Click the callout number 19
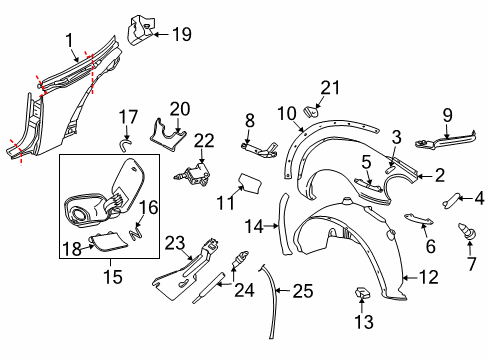pos(182,34)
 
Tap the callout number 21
pos(330,87)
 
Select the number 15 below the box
pos(113,277)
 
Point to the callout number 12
pos(429,277)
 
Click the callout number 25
pos(303,291)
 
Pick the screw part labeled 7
pos(467,231)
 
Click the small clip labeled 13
pos(362,293)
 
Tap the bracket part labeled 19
pos(140,30)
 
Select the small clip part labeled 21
pos(311,111)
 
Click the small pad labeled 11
pos(249,183)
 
